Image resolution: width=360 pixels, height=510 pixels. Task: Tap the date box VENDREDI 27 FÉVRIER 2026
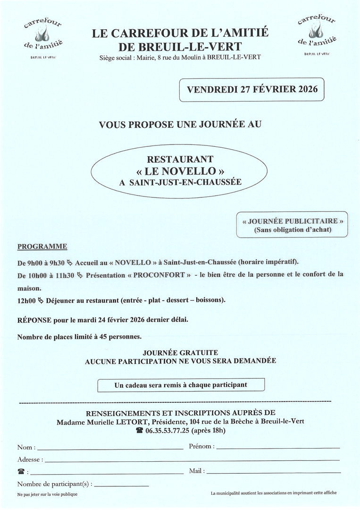[x=252, y=90]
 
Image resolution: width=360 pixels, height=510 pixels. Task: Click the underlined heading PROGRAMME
[x=42, y=246]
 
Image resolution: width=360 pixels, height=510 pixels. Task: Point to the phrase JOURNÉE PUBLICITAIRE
[x=293, y=221]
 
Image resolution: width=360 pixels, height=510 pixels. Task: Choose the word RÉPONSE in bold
[x=33, y=320]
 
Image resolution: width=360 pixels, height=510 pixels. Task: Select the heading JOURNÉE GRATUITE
[x=180, y=352]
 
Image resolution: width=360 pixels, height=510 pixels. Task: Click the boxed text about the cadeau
[x=181, y=385]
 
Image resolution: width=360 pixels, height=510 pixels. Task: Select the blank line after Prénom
[x=277, y=447]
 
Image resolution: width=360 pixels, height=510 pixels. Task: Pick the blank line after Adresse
[x=192, y=460]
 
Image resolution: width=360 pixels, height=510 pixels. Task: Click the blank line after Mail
[x=273, y=472]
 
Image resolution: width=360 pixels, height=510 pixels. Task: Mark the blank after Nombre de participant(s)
[x=122, y=485]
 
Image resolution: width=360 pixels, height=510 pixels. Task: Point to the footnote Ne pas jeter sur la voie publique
[x=47, y=494]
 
